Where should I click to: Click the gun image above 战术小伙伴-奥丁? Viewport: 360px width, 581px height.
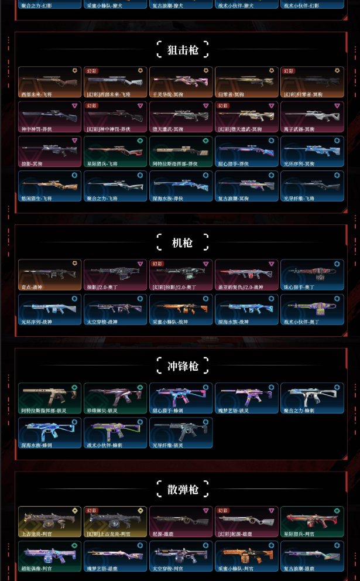click(312, 306)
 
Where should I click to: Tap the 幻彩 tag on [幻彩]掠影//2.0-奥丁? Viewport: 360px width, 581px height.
click(157, 264)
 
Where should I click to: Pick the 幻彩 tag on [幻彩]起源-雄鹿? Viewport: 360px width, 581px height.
click(223, 511)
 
